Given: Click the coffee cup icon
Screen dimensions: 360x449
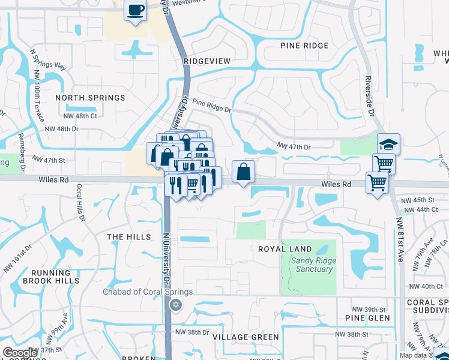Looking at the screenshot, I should point(136,10).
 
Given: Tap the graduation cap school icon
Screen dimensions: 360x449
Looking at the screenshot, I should point(388,144).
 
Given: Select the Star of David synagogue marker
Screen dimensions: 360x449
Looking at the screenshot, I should point(176,305).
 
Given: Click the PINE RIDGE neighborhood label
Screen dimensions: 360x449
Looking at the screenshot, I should point(304,46).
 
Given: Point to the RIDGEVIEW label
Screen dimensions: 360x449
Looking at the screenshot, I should point(207,61).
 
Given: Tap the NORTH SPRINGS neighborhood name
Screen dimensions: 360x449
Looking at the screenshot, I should point(90,98).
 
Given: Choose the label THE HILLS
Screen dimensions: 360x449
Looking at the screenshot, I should point(129,237).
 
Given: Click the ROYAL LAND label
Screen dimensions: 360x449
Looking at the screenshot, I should point(285,249).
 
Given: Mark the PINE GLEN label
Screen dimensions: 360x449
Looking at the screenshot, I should point(367,318).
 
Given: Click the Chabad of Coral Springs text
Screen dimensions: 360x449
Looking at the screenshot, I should point(147,292).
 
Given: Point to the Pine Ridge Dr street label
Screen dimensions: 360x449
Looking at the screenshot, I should point(212,107).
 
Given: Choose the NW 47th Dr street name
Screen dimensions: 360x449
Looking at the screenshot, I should point(294,146).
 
